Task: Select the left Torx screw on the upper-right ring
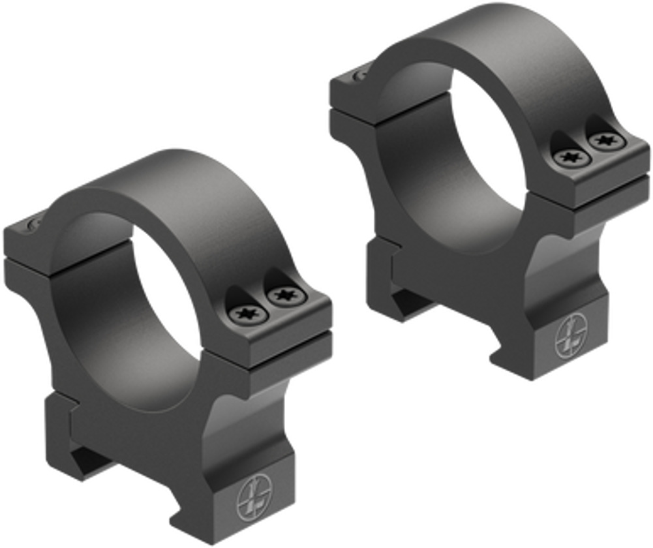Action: pos(571,157)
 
